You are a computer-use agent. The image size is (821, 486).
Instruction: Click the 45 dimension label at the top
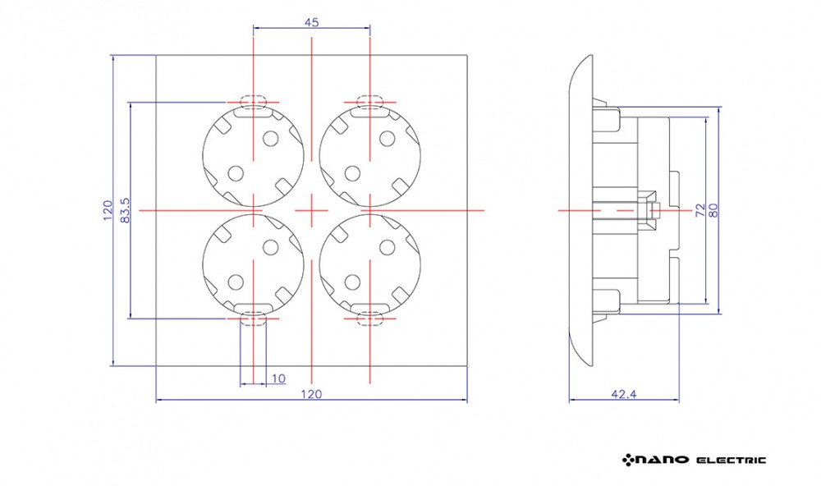pos(311,22)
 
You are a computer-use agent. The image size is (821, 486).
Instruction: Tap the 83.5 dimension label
pos(125,210)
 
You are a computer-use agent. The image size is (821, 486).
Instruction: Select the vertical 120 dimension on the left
pos(108,210)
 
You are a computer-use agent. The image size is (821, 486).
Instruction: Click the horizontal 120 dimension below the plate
pos(311,394)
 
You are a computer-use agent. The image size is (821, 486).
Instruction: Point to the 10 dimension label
pos(278,378)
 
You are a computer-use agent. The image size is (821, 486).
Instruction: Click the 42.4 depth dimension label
pos(624,394)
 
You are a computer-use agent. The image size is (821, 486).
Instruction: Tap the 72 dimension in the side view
pos(700,210)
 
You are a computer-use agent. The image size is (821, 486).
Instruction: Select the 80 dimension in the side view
pos(713,210)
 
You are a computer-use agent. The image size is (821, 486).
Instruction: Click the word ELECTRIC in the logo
pos(731,461)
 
